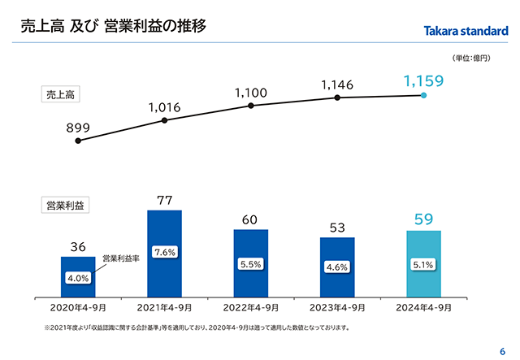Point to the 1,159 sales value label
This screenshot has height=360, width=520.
click(423, 81)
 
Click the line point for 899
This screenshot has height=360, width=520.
click(78, 141)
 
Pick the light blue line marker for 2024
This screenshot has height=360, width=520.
click(423, 95)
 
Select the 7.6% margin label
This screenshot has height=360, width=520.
click(165, 253)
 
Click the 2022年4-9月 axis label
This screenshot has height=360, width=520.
click(251, 308)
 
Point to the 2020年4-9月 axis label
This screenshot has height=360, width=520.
click(78, 308)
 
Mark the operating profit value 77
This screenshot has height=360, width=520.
click(164, 200)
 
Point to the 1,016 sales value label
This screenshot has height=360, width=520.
click(164, 106)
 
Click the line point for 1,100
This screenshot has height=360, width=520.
click(251, 105)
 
